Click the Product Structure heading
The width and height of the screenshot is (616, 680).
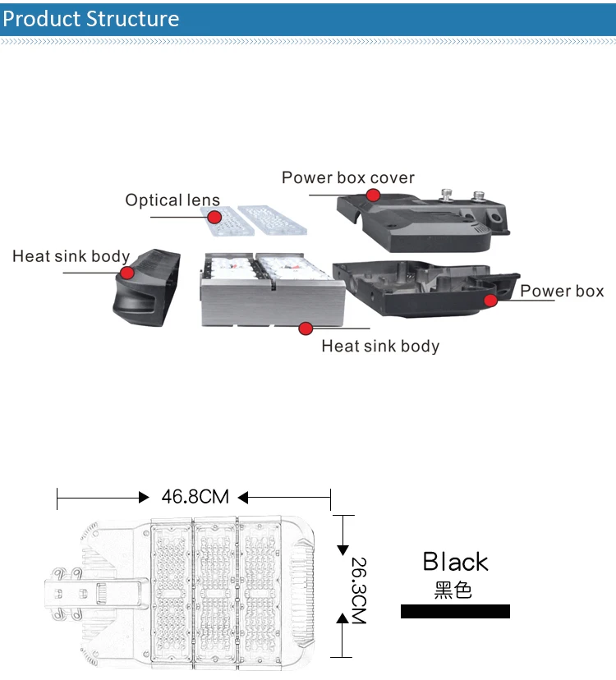(90, 19)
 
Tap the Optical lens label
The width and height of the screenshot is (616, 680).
(172, 200)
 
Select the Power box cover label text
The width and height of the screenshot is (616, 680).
(348, 177)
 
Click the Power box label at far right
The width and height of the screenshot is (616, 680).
(562, 291)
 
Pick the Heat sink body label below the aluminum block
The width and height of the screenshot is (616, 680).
(380, 346)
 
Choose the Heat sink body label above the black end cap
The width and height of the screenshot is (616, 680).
(71, 256)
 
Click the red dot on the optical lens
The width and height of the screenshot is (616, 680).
(214, 218)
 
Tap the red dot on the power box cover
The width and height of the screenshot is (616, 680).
(373, 195)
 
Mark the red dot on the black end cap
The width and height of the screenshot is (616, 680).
(126, 273)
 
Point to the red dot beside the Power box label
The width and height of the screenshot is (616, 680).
(490, 301)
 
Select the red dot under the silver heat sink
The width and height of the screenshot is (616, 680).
(306, 329)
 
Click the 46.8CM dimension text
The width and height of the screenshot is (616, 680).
(195, 497)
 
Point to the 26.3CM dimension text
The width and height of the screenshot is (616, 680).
(358, 590)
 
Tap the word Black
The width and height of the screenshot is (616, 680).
(455, 562)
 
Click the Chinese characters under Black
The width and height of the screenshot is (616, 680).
(453, 590)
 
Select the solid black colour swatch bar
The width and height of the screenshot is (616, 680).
(455, 612)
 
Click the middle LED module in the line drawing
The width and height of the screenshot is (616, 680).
(216, 586)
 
